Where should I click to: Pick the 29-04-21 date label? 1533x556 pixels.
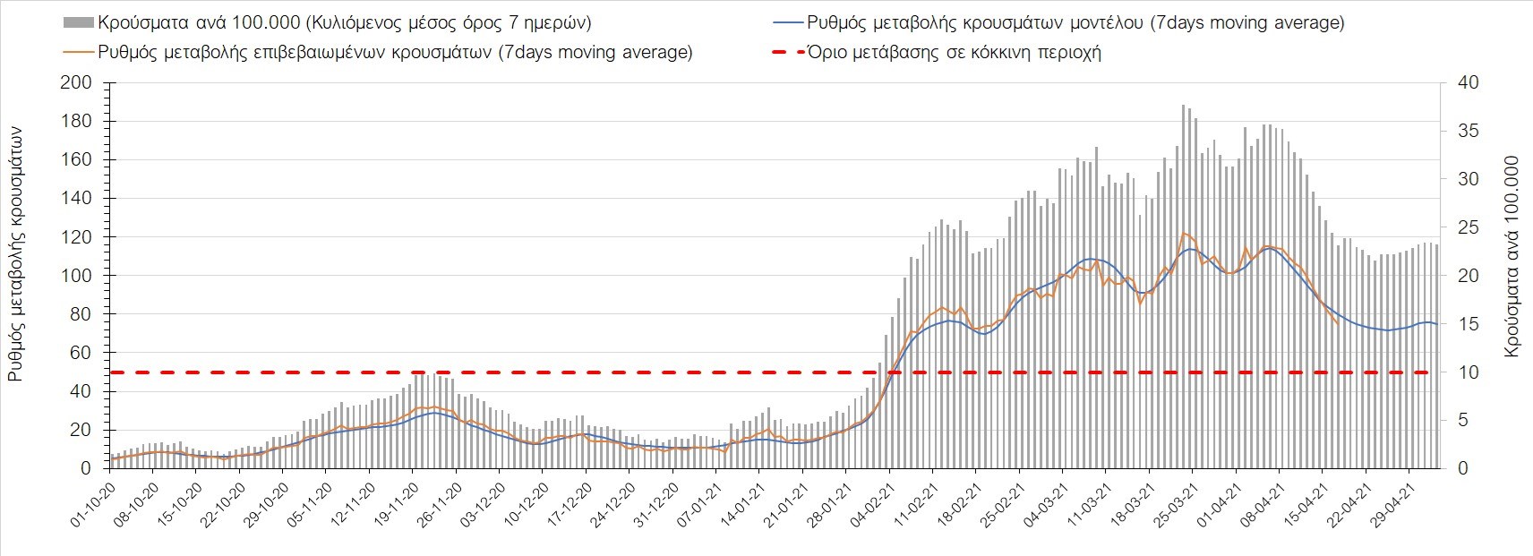click(x=1393, y=506)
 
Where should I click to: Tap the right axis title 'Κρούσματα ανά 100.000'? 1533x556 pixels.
click(x=1512, y=258)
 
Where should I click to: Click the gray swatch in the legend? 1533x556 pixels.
click(x=78, y=22)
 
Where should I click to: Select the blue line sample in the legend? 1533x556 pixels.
click(x=786, y=22)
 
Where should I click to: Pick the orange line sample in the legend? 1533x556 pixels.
click(x=78, y=52)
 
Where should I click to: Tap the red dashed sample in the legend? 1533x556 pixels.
click(x=786, y=52)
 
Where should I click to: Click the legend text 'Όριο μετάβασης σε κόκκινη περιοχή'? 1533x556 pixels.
click(x=954, y=52)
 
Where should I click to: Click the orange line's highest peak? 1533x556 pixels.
click(x=1184, y=233)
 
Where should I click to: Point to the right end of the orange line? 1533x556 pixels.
click(x=1338, y=323)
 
